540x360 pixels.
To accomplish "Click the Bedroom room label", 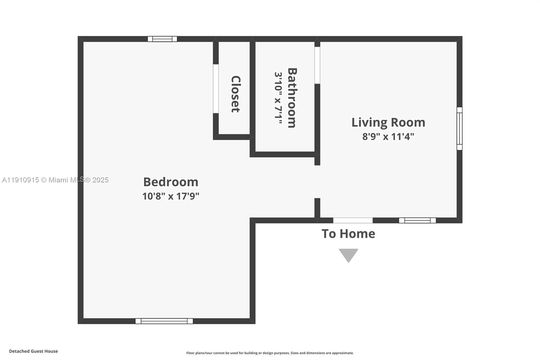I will tap(170, 182).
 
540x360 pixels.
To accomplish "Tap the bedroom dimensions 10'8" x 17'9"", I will tap(170, 196).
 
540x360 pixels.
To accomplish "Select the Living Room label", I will tap(388, 122).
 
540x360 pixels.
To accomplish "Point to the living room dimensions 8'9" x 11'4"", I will tap(388, 137).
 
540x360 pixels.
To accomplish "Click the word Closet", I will tap(235, 94).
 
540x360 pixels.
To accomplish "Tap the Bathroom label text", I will tap(292, 98).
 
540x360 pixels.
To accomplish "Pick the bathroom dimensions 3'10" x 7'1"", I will tap(278, 98).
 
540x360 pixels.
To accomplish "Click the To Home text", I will tap(348, 234).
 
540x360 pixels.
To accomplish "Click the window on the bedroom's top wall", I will tap(162, 39).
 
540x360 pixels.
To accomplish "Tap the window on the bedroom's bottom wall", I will tap(164, 321).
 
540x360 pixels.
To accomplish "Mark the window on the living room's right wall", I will tap(459, 128).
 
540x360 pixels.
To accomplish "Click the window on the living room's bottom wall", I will tap(417, 221).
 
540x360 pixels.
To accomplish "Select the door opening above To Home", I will tap(353, 221).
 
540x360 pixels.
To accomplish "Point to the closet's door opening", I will tap(216, 88).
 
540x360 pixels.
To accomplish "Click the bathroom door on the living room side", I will tap(317, 65).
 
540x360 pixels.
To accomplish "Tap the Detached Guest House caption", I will tap(33, 351).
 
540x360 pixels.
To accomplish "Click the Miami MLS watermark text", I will tap(55, 180).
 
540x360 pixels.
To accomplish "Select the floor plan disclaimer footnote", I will tap(270, 353).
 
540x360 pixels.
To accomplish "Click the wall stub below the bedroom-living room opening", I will tap(317, 208).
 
